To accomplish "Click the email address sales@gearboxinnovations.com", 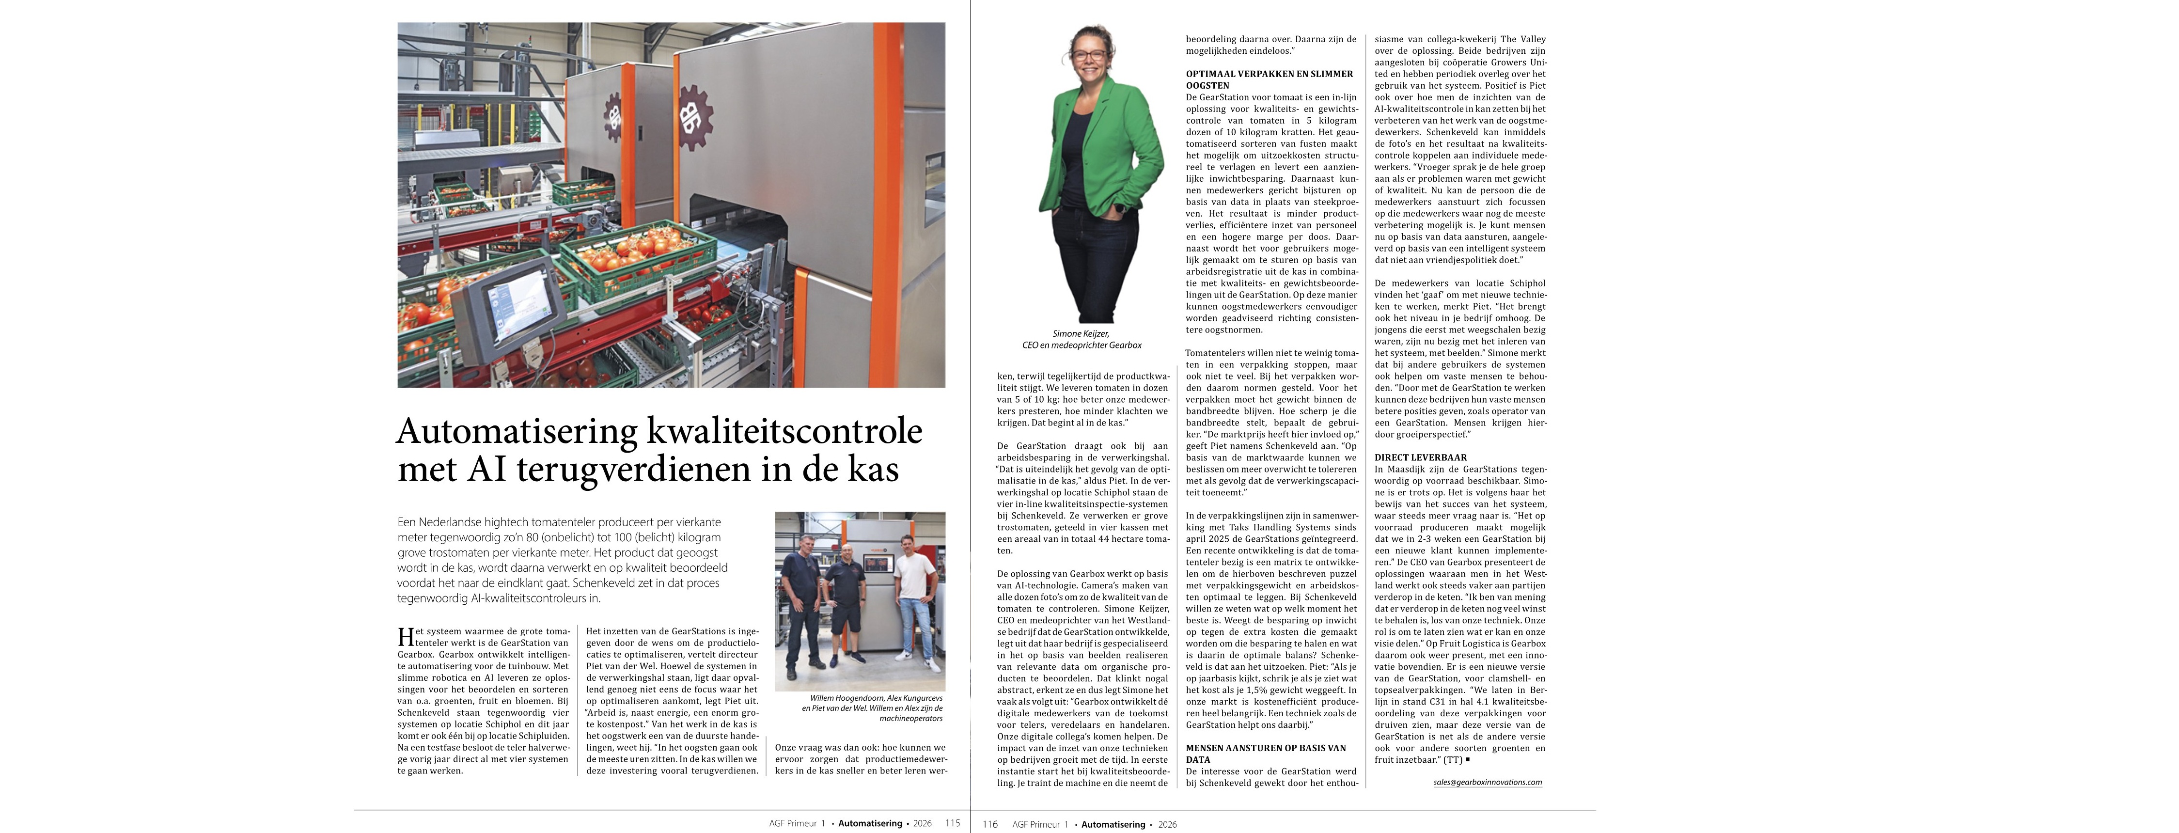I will pos(1487,782).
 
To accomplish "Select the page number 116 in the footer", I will pos(990,824).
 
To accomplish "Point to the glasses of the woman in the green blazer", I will pos(1091,55).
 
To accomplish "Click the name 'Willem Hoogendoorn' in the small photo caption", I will pos(847,698).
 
